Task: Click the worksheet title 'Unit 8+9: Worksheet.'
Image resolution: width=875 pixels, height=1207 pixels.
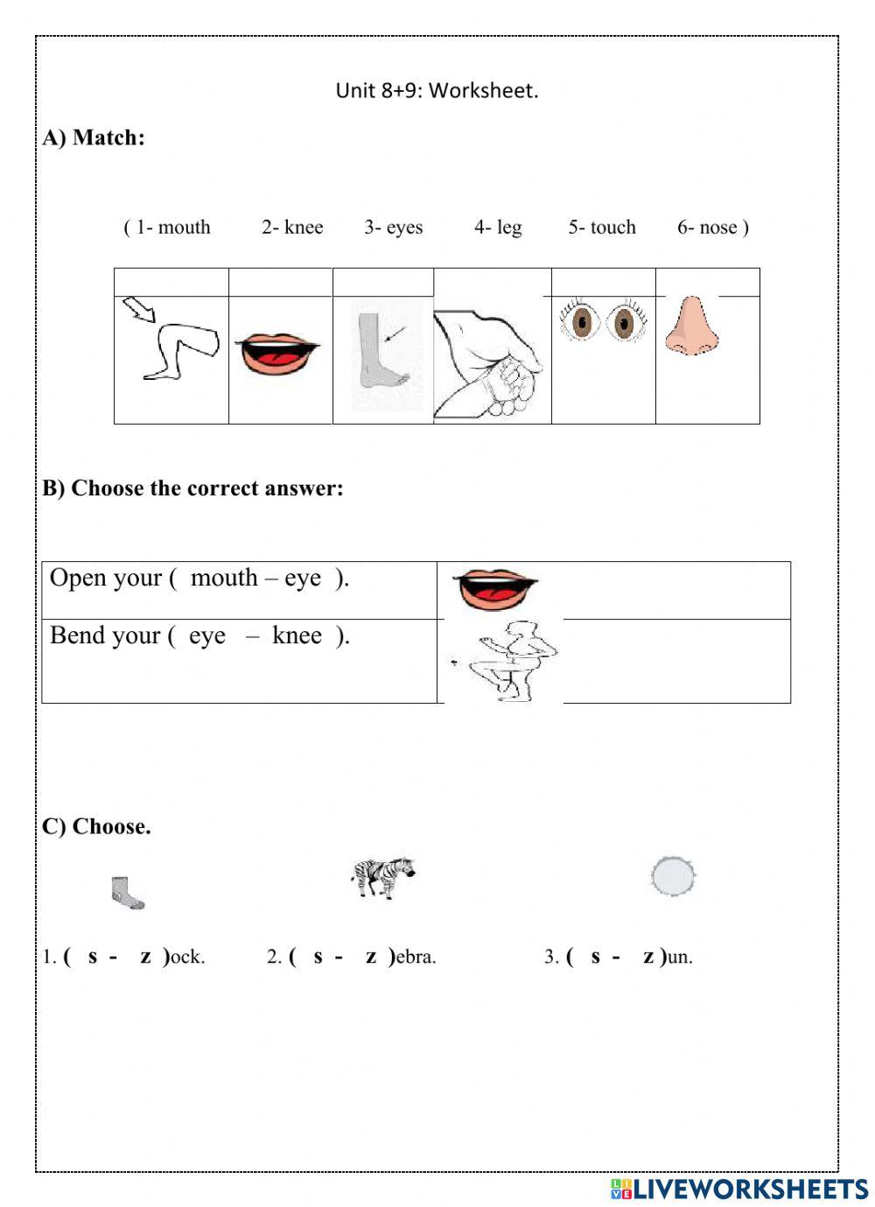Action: click(437, 90)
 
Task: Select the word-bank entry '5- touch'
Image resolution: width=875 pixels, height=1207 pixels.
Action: click(602, 228)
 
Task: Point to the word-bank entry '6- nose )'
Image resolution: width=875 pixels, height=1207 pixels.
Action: click(712, 228)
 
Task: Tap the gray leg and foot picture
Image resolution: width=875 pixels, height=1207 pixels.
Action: click(382, 359)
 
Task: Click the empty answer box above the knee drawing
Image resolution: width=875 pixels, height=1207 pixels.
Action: click(171, 283)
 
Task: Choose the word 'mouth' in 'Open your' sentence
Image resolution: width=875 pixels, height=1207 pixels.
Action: click(224, 579)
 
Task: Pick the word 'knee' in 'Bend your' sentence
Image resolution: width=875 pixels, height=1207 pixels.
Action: click(297, 635)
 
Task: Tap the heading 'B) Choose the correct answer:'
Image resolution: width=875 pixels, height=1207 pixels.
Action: click(193, 488)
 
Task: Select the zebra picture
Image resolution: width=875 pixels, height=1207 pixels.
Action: click(382, 876)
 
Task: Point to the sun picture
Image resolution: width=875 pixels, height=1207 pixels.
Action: click(674, 875)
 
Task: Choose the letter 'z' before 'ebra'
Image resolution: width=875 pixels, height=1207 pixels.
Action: click(371, 957)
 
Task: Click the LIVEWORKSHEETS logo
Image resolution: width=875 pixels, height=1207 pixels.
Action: click(739, 1188)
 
